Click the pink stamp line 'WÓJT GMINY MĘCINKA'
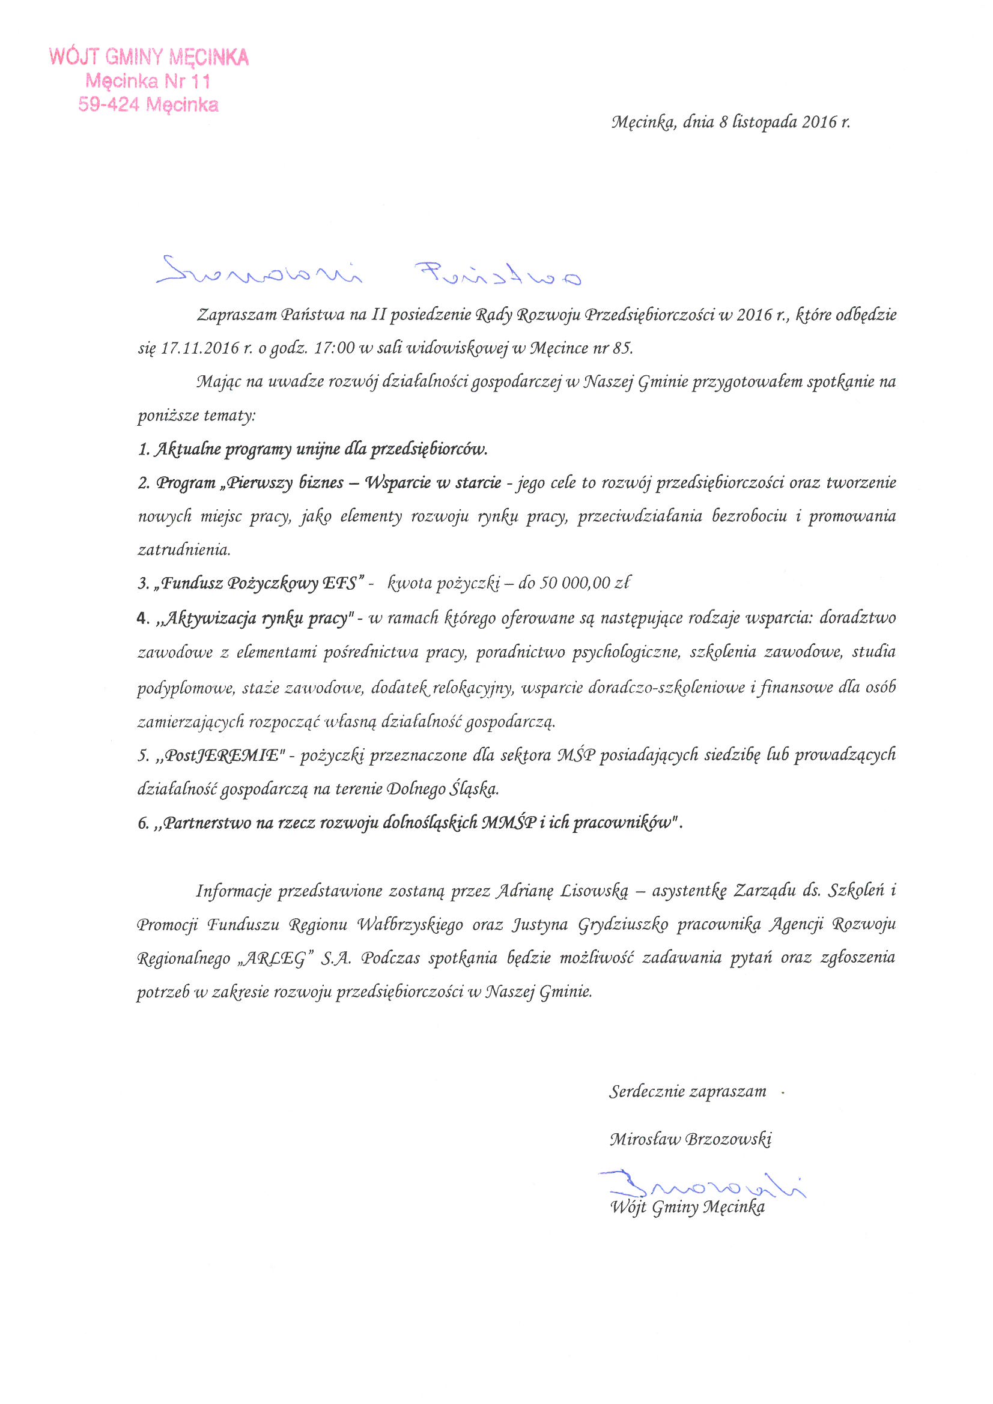(148, 58)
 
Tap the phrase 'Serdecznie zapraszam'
(687, 1092)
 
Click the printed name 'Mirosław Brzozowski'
(690, 1139)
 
